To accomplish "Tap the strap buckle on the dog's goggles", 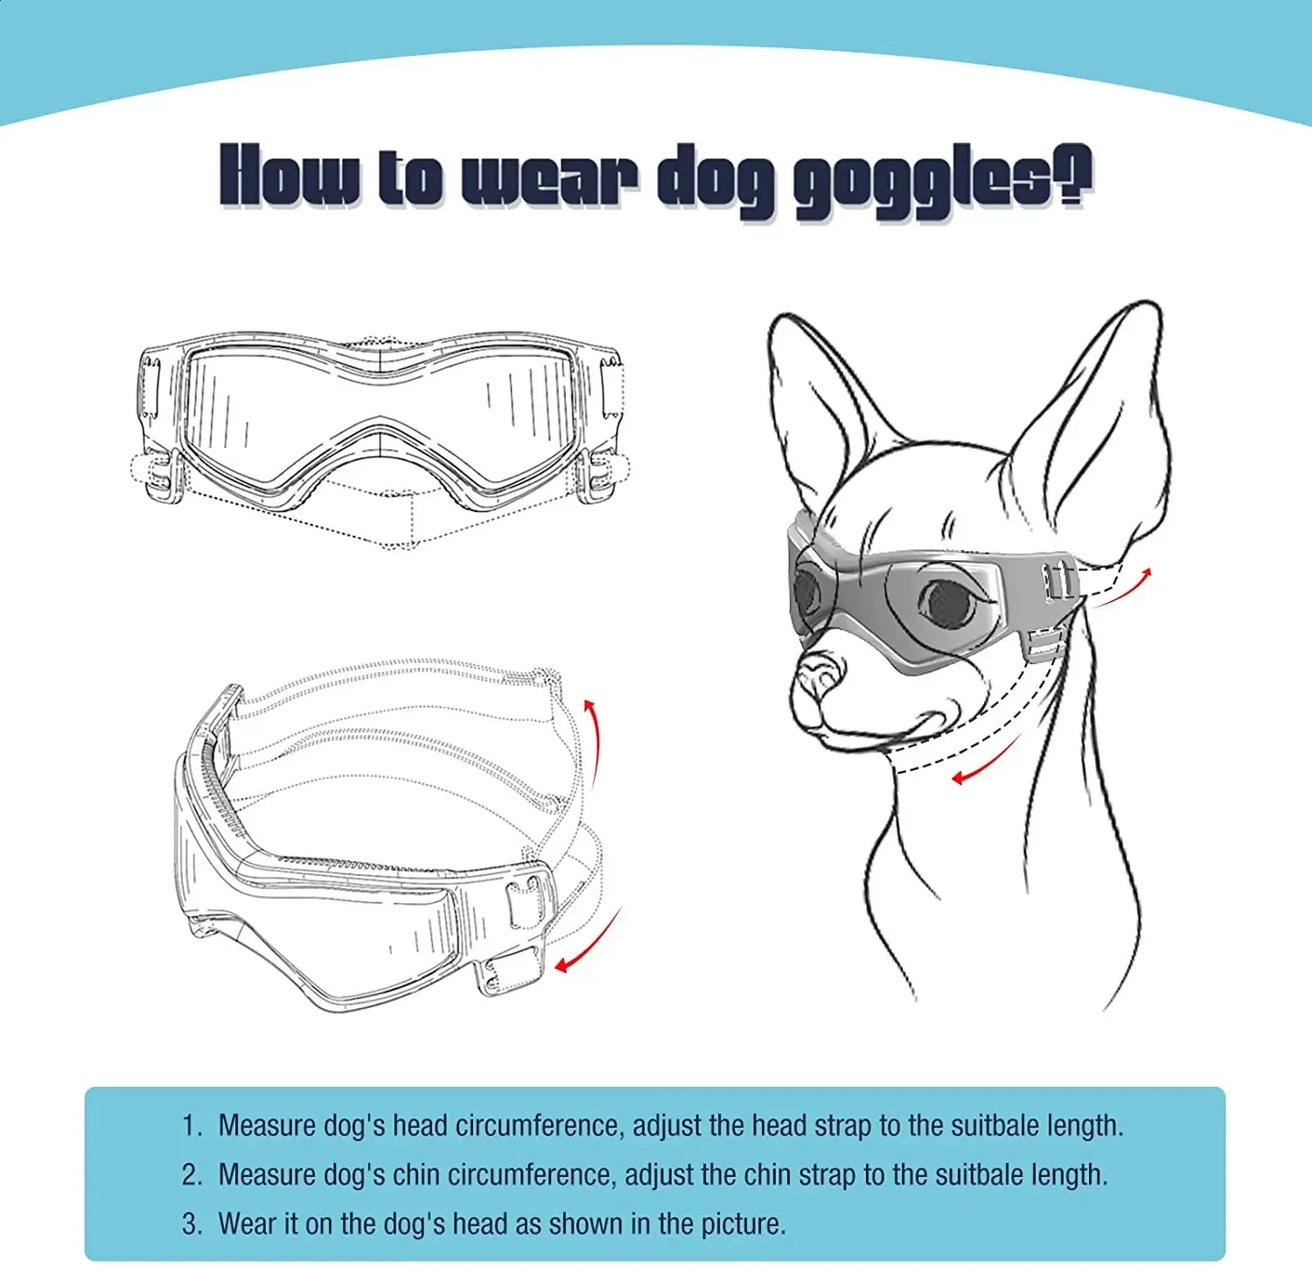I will point(1057,581).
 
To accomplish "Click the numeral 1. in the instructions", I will point(192,1125).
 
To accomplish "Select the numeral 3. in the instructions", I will point(192,1223).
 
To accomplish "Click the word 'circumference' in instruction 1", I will point(537,1125).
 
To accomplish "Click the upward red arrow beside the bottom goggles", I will point(592,739).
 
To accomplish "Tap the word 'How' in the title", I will point(290,178).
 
